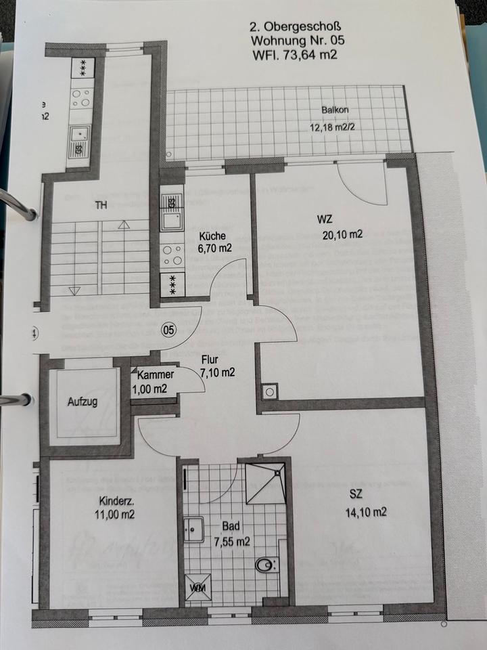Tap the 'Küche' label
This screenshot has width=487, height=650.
point(212,236)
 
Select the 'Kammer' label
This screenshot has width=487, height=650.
point(156,374)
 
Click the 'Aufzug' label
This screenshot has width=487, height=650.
point(83,402)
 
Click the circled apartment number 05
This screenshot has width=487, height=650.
point(168,330)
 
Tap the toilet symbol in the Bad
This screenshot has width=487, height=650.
point(266,563)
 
